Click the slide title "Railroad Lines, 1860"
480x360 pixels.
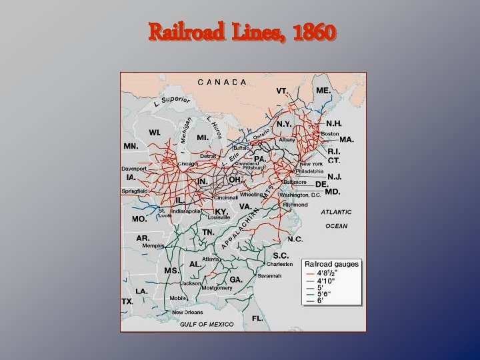(x=243, y=31)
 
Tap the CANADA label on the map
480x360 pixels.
(x=223, y=81)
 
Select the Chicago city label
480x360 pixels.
(x=189, y=163)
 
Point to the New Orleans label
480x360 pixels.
(x=187, y=312)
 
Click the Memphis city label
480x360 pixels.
(x=153, y=245)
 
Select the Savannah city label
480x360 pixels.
(x=269, y=275)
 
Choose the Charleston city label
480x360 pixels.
(x=279, y=264)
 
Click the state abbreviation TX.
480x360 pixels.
(x=127, y=301)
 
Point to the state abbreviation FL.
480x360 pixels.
(x=257, y=319)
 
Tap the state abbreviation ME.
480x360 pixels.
(x=323, y=90)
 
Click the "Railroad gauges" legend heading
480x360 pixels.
(x=332, y=264)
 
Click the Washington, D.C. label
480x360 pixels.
(x=301, y=195)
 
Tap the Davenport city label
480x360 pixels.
(x=134, y=169)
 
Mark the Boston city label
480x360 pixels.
(x=331, y=134)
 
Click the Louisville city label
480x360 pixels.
(x=219, y=217)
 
